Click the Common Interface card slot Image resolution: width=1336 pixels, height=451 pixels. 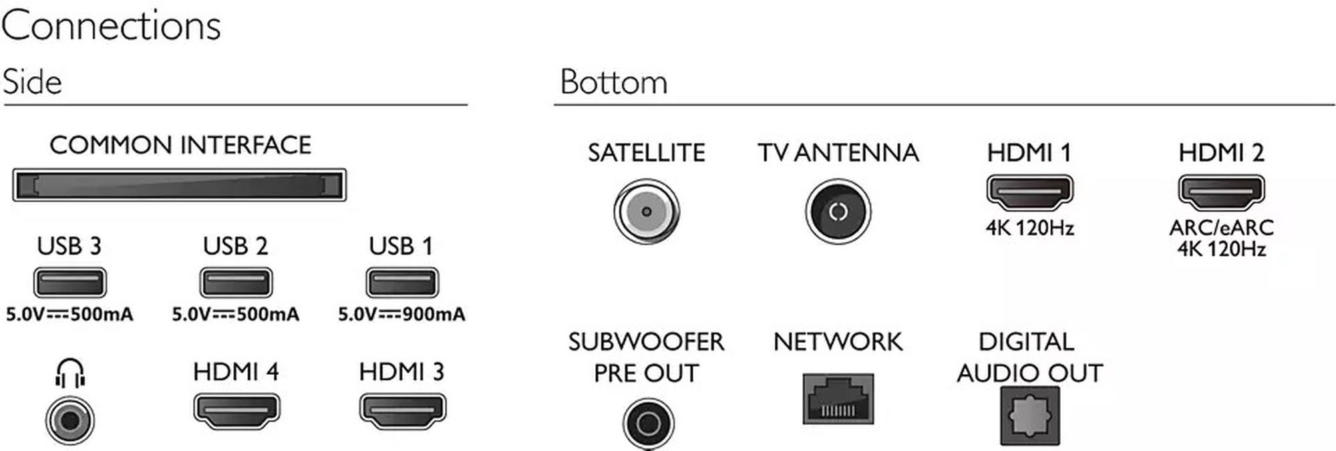coord(179,185)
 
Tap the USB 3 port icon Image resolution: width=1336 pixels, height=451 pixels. coord(69,283)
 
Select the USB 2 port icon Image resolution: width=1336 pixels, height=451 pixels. coord(236,283)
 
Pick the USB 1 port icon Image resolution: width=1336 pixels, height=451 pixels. coord(401,283)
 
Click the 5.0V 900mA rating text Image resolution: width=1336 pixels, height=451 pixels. coord(401,314)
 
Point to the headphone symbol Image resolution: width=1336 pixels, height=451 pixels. coord(70,373)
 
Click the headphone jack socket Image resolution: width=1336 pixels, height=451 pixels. coord(70,420)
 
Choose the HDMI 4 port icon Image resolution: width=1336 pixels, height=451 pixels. coord(236,411)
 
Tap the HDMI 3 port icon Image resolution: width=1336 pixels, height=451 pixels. coord(402,411)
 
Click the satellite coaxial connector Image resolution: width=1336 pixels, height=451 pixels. coord(646,212)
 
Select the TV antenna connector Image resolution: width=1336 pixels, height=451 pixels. coord(838,212)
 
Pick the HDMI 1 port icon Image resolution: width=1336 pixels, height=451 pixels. coord(1029,192)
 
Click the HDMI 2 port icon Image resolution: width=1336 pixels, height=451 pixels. coord(1221,192)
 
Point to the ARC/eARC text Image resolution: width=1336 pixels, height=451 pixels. coord(1221,228)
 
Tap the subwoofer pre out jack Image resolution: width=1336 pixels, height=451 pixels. coord(648,423)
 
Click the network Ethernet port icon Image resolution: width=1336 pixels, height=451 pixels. coord(838,399)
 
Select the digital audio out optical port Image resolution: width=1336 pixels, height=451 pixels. coord(1030,416)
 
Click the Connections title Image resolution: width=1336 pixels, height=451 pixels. coord(111,26)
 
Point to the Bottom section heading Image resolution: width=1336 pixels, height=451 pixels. coord(614,82)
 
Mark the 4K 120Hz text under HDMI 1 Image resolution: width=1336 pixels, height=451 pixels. coord(1029,228)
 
